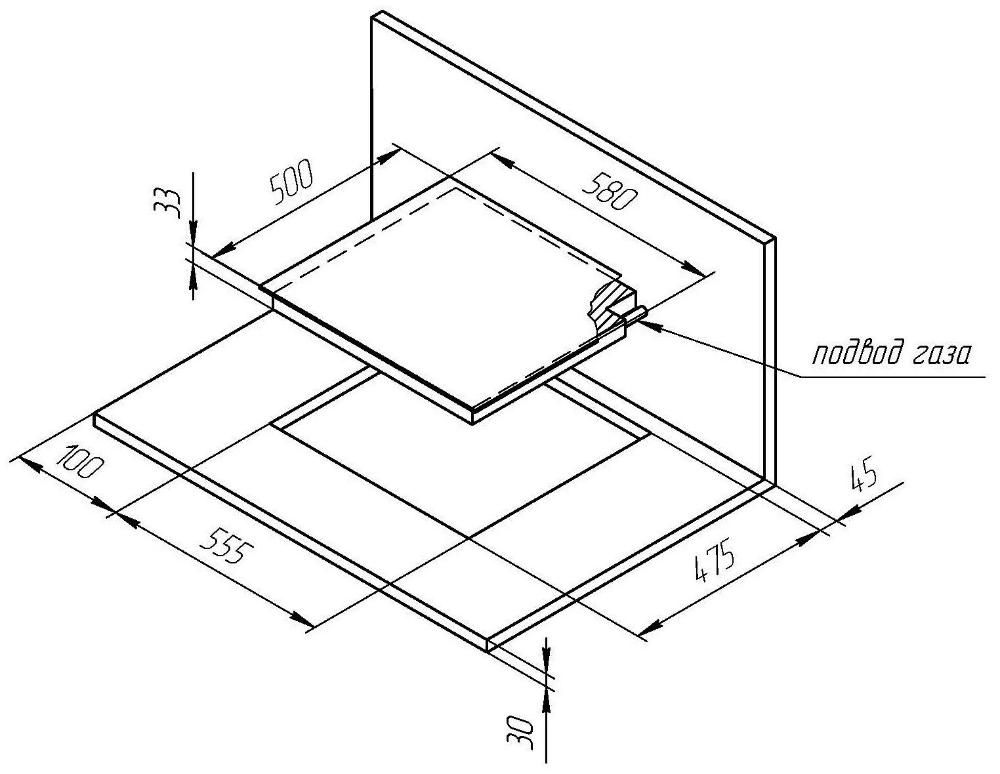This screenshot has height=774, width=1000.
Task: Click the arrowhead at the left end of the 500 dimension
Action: click(224, 249)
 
